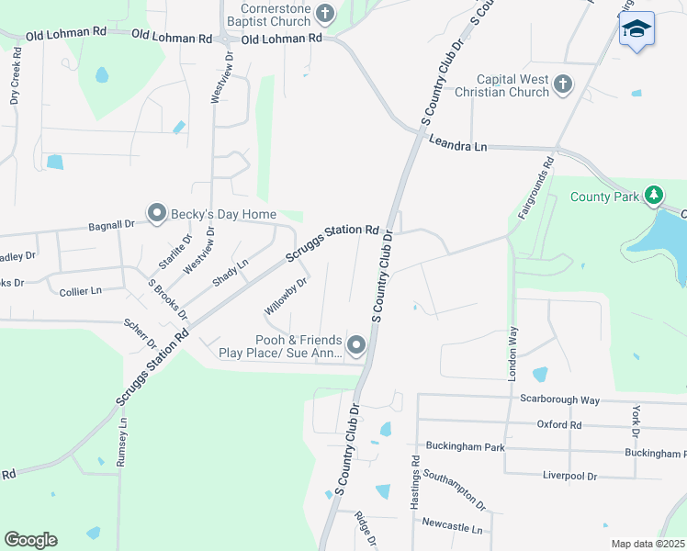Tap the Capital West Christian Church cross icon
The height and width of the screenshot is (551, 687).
click(563, 86)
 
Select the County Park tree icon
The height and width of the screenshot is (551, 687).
click(653, 195)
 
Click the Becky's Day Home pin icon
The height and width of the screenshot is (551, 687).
click(156, 214)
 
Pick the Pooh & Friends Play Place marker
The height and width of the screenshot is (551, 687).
click(355, 345)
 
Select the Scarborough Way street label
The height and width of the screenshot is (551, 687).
click(559, 400)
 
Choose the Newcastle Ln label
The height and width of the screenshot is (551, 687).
click(452, 529)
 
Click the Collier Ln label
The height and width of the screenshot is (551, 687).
click(80, 290)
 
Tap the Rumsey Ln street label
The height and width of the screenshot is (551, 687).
click(121, 444)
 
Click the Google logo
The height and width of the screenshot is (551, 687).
click(30, 540)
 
